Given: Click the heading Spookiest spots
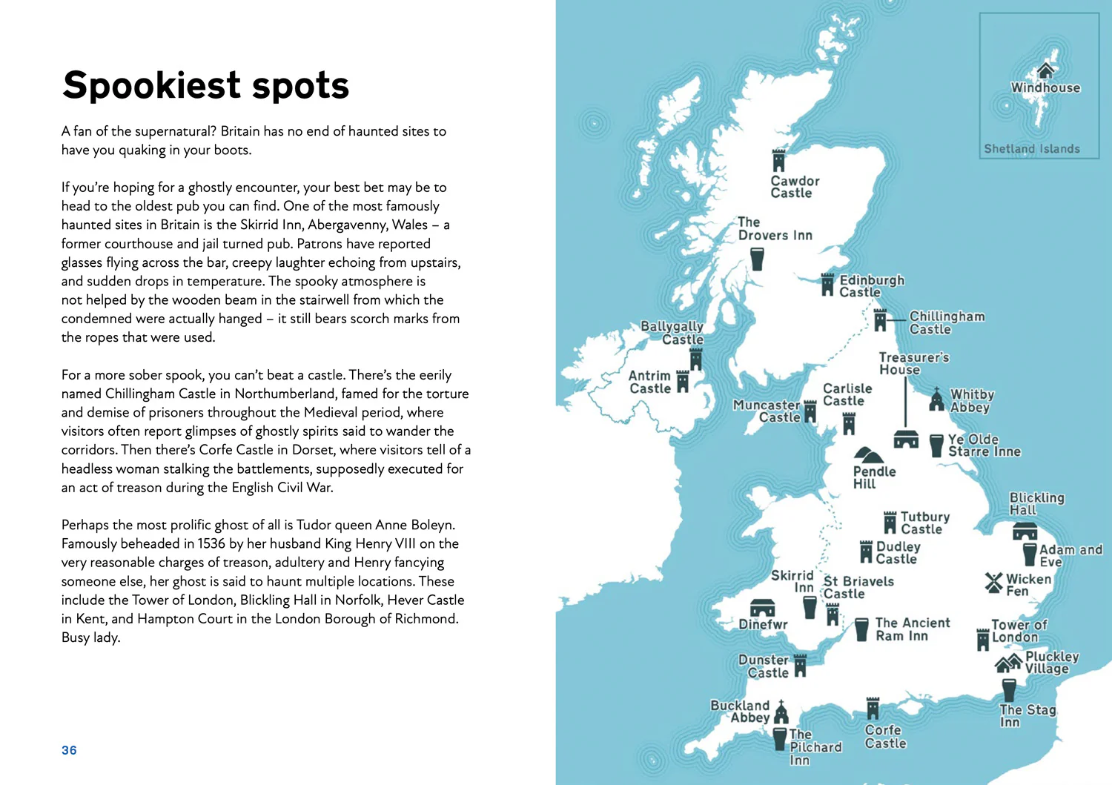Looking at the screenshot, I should (x=205, y=85).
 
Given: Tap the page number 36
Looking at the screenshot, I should (x=69, y=750).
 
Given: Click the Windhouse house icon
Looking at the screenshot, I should (x=1045, y=70).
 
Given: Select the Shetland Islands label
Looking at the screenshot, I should (x=1031, y=149).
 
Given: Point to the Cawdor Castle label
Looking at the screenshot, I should (x=795, y=187).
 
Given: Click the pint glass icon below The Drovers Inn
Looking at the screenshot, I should (x=757, y=259).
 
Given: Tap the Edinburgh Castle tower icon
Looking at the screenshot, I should (x=828, y=285).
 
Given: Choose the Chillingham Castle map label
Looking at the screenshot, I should (x=947, y=323).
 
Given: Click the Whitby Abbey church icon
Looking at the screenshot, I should (x=937, y=400).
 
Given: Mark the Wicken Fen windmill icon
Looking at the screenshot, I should (x=993, y=583).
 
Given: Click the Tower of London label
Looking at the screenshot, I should (x=1019, y=631).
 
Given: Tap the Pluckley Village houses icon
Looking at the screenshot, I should (x=1008, y=663).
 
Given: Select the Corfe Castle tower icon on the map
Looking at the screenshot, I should (x=873, y=709).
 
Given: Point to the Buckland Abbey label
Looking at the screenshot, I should (x=740, y=712).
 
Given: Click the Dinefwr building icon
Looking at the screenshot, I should (x=762, y=608).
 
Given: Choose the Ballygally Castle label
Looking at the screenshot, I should (x=672, y=333).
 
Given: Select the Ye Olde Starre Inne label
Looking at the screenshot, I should (x=984, y=446).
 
